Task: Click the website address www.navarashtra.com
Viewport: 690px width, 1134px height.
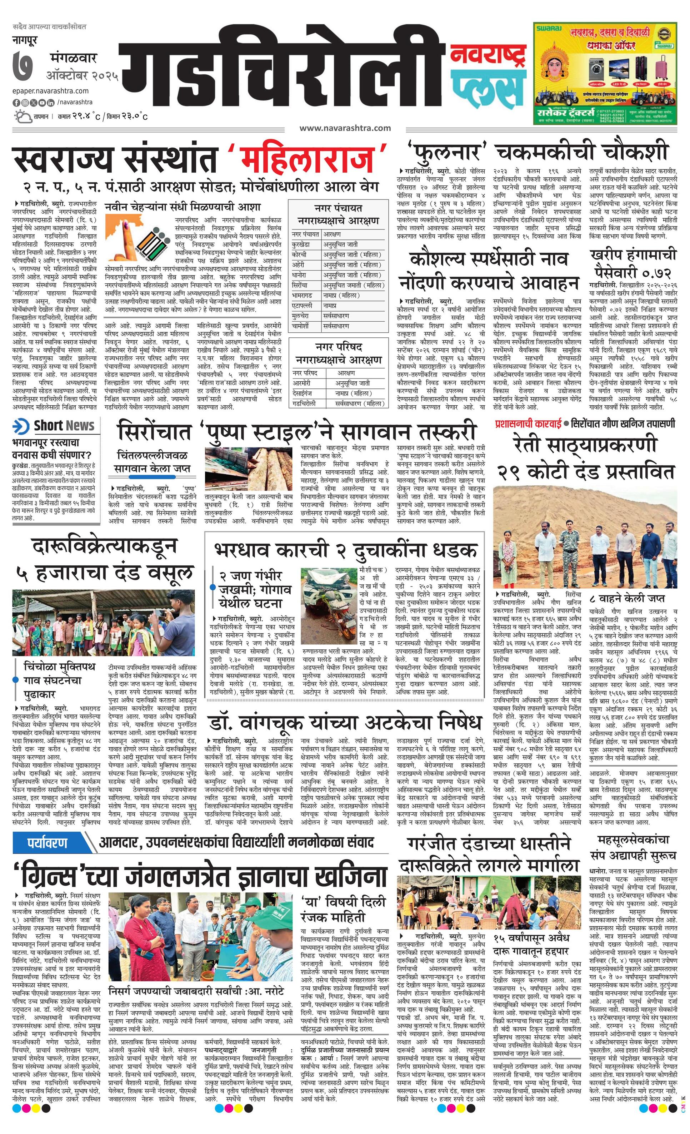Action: point(345,128)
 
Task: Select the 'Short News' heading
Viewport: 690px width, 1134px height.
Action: point(64,426)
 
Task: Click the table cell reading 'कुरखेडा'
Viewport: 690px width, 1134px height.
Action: point(302,245)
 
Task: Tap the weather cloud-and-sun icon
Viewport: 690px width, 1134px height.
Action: point(22,116)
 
